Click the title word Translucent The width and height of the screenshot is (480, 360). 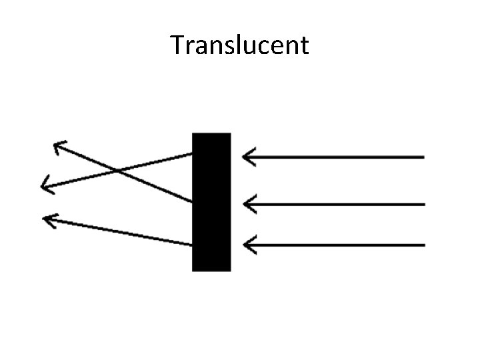pyautogui.click(x=239, y=45)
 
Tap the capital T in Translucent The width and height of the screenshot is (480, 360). pyautogui.click(x=178, y=45)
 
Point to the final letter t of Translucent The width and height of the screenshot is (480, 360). pyautogui.click(x=304, y=46)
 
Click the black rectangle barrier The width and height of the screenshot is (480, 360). pyautogui.click(x=211, y=202)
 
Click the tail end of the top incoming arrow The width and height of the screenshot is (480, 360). pyautogui.click(x=423, y=157)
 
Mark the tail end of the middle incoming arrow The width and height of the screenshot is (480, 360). pyautogui.click(x=423, y=204)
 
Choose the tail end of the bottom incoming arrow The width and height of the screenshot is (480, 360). pyautogui.click(x=423, y=245)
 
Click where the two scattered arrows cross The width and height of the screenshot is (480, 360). pyautogui.click(x=118, y=171)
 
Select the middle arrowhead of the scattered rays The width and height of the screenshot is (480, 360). pyautogui.click(x=43, y=185)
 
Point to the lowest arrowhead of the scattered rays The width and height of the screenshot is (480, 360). pyautogui.click(x=45, y=218)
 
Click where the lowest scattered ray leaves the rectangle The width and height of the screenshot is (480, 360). pyautogui.click(x=193, y=245)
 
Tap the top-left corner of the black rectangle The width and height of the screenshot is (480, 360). pyautogui.click(x=193, y=134)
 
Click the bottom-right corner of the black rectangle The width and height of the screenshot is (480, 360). pyautogui.click(x=230, y=270)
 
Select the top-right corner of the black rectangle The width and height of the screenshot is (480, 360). pyautogui.click(x=230, y=134)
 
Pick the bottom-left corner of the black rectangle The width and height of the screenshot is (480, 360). pyautogui.click(x=193, y=270)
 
